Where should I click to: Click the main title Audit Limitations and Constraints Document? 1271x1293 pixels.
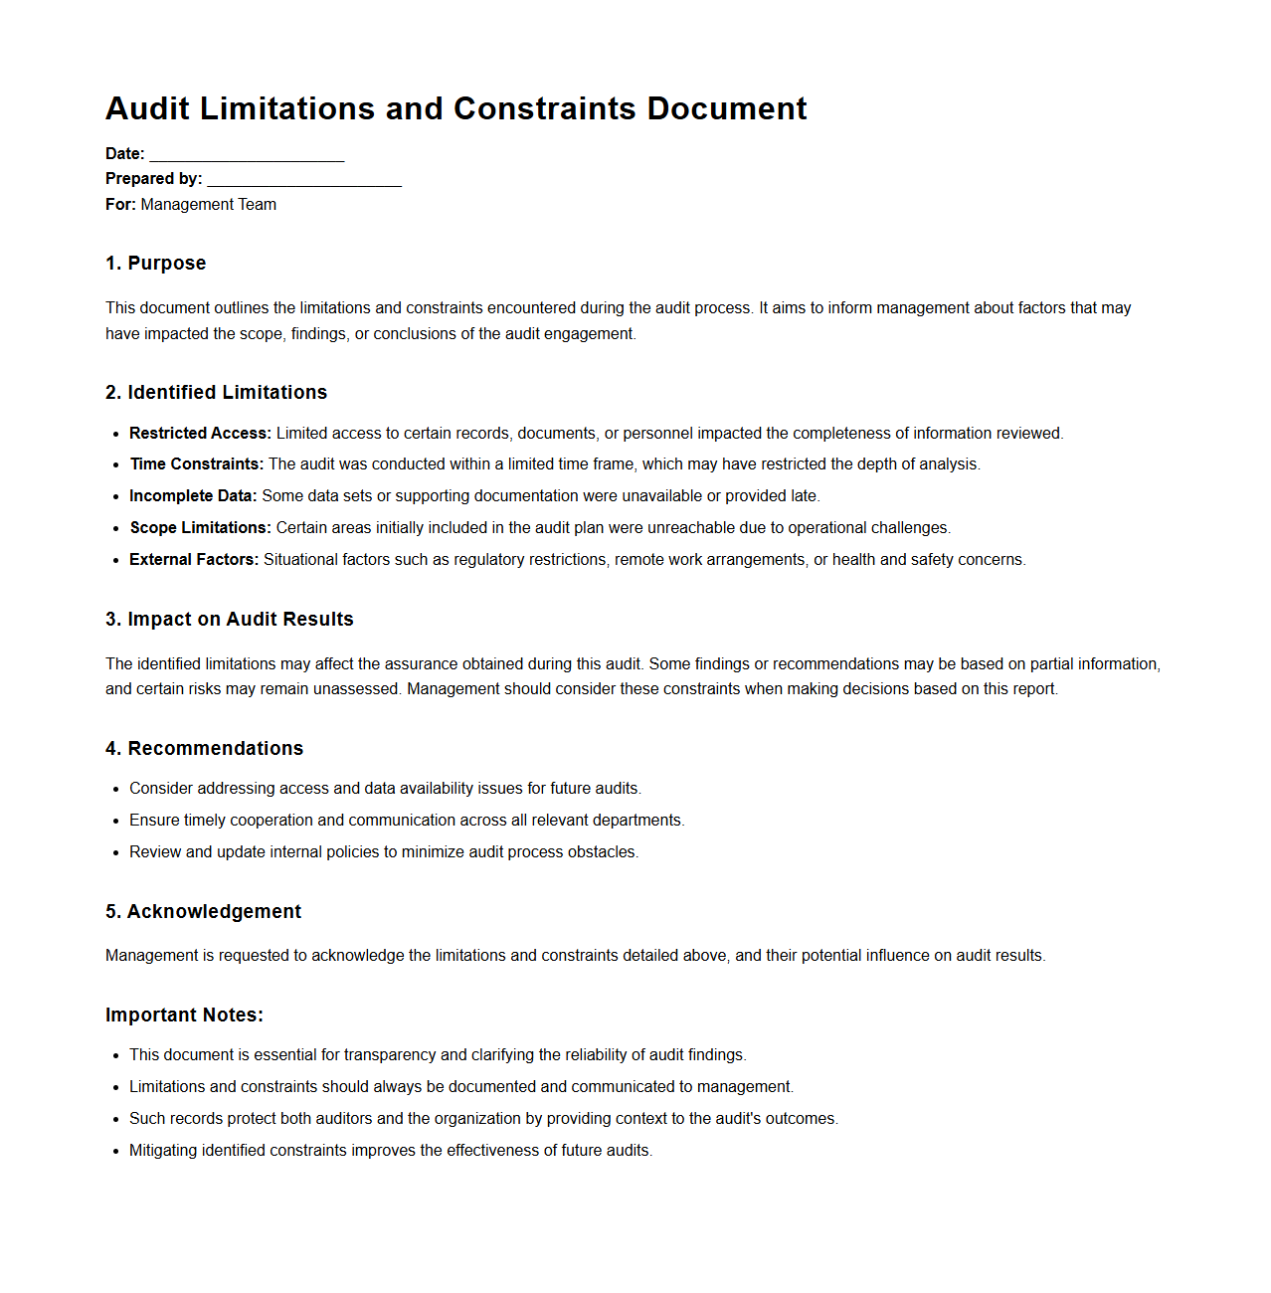[x=455, y=108]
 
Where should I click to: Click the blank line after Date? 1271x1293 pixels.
[x=247, y=154]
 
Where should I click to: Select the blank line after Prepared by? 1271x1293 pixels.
[x=304, y=179]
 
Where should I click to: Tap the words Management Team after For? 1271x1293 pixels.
[x=209, y=205]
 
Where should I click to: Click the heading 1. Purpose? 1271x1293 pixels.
[x=156, y=264]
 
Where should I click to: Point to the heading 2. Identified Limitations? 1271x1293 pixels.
[x=216, y=393]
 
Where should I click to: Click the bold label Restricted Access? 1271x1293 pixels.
[x=200, y=434]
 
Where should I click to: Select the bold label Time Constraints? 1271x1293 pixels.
[x=197, y=464]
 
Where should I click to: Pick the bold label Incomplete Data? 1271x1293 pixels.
[x=193, y=496]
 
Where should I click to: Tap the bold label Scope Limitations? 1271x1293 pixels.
[x=200, y=528]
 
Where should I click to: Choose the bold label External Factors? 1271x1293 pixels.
[x=194, y=560]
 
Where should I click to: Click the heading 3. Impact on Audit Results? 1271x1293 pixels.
[x=230, y=620]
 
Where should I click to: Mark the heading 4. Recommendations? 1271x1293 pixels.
[x=204, y=749]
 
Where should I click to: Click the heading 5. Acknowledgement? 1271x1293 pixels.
[x=203, y=912]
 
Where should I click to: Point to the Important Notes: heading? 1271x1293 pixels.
[x=184, y=1016]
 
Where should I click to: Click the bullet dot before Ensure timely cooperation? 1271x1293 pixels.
[x=116, y=822]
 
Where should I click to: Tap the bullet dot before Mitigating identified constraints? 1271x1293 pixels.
[x=116, y=1152]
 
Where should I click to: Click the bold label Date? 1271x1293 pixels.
[x=125, y=154]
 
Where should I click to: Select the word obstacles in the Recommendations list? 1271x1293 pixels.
[x=603, y=852]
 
